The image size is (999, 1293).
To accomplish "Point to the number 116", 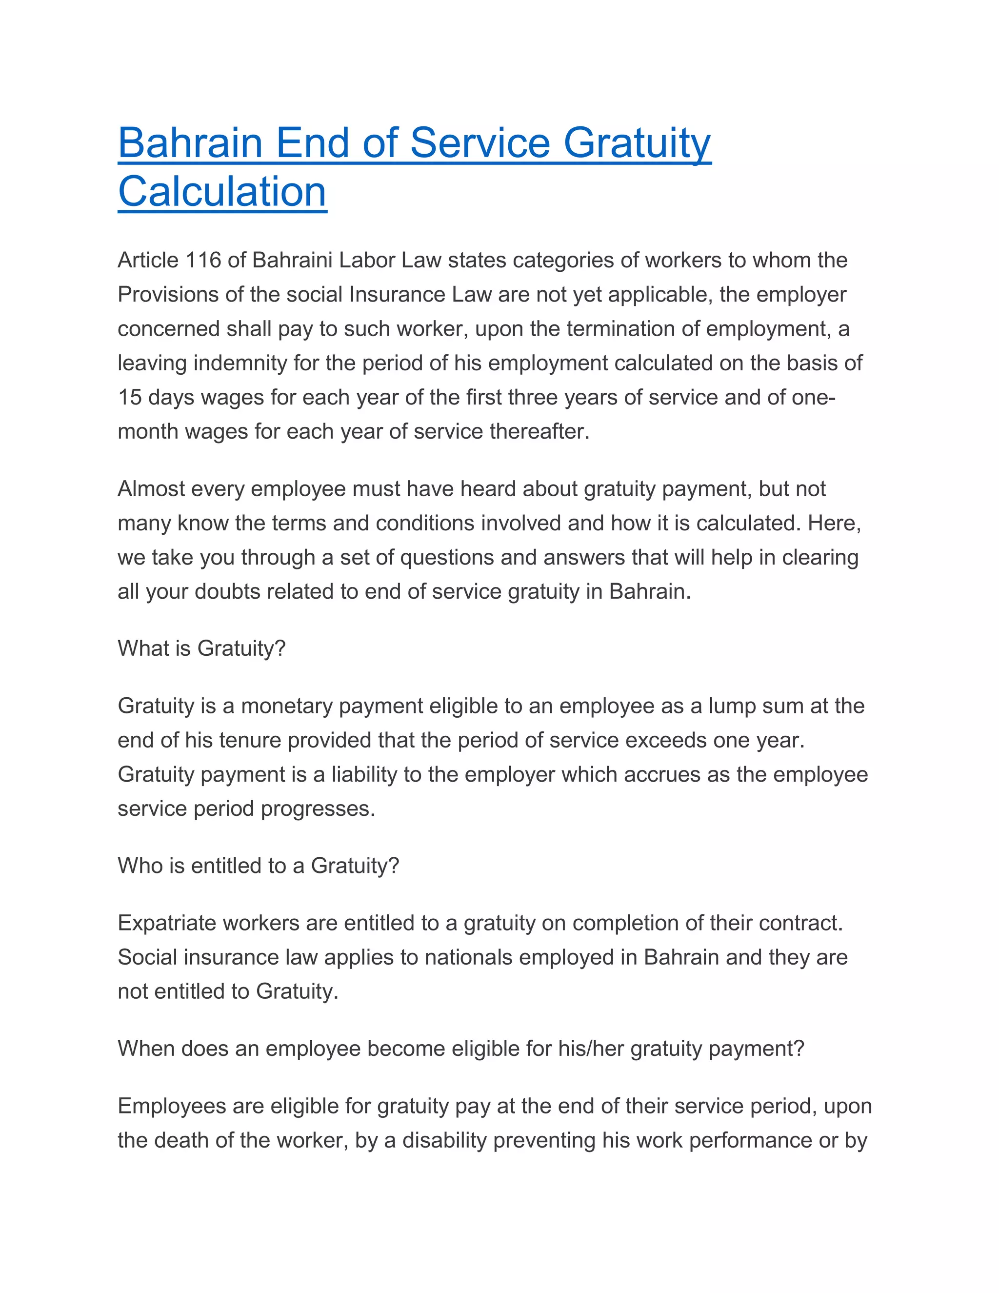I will (203, 261).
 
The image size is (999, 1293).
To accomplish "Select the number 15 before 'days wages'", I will (130, 397).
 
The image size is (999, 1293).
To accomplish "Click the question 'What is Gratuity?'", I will (201, 649).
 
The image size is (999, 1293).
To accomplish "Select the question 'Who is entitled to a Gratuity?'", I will (259, 866).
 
